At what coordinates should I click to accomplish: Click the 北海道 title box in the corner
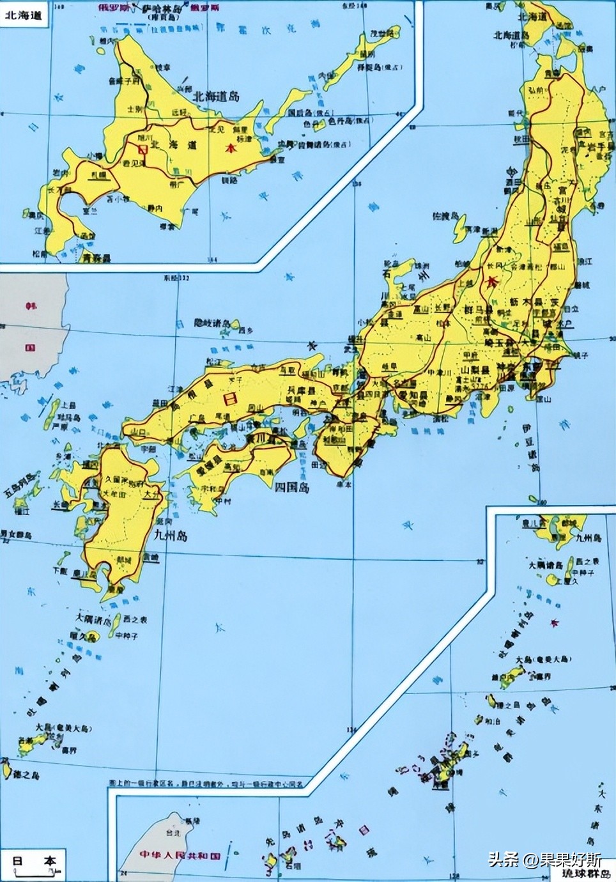(23, 15)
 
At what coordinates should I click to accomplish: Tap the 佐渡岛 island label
(445, 216)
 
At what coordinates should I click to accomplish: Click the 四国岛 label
(291, 488)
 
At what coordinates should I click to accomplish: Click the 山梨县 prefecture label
(466, 371)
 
